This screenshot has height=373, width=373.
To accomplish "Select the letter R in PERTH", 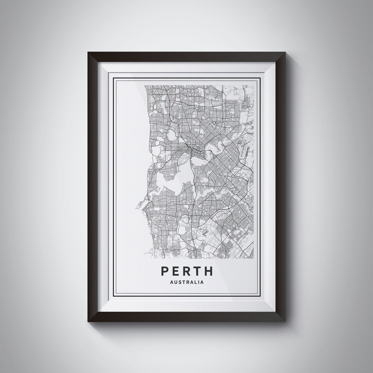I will click(x=187, y=271).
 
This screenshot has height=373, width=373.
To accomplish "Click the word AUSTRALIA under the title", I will click(x=187, y=282).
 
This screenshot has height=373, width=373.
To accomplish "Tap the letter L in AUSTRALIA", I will click(x=197, y=282).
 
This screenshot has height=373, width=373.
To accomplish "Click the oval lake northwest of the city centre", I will click(x=171, y=134).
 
